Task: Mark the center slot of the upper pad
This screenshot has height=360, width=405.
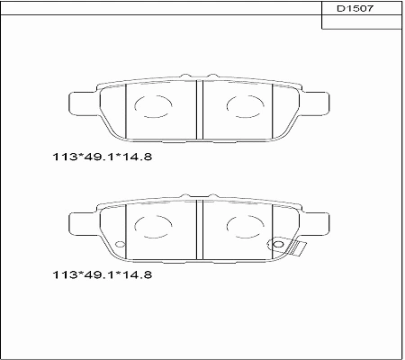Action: coord(198,111)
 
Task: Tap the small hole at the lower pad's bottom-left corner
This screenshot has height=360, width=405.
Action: coord(117,243)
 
